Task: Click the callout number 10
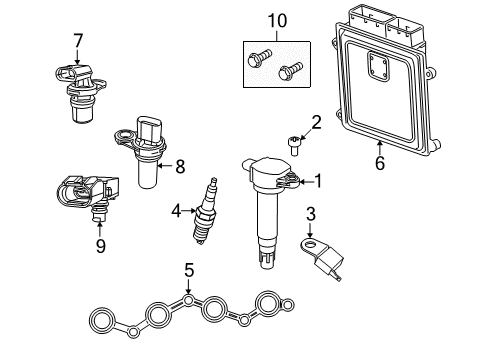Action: click(x=277, y=19)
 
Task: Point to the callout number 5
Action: click(x=188, y=268)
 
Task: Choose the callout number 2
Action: click(x=316, y=123)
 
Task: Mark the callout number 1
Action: click(x=319, y=181)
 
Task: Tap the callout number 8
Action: click(x=179, y=167)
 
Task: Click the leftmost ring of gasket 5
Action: click(x=102, y=320)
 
